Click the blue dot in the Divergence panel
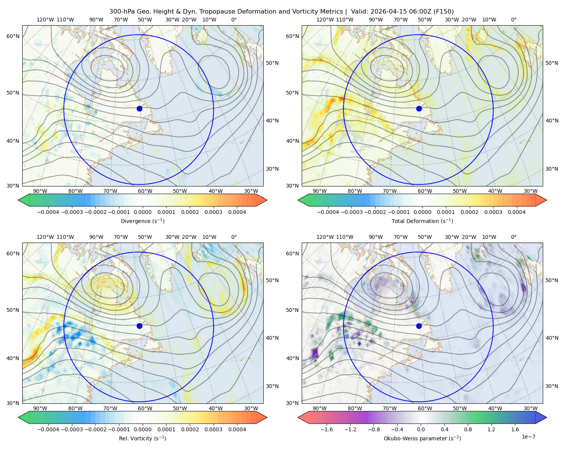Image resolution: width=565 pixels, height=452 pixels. point(139,108)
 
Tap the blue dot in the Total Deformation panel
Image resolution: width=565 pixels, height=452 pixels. point(419,108)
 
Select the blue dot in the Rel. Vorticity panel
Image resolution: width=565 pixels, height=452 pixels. point(139,326)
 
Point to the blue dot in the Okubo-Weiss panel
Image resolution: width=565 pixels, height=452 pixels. point(419,326)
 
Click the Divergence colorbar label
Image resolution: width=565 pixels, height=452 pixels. point(142,221)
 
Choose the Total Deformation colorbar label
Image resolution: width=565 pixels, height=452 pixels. point(422,221)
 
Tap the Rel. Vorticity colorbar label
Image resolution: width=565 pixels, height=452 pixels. point(142,438)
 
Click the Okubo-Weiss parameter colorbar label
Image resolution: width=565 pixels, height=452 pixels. point(422,438)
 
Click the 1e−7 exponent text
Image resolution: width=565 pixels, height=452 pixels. point(528,437)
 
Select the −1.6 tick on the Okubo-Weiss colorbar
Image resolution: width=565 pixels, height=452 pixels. point(326,429)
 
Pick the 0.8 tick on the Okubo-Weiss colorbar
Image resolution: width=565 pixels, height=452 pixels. point(468,429)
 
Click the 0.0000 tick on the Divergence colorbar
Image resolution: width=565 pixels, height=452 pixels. point(142,212)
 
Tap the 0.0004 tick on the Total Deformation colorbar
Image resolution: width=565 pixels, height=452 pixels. point(516,212)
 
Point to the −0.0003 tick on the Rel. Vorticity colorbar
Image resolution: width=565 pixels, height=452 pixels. point(72,429)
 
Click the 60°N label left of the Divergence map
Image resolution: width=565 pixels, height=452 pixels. point(13,36)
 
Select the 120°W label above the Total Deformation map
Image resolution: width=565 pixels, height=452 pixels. point(325,20)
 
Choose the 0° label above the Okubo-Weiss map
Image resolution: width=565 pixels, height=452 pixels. point(513,237)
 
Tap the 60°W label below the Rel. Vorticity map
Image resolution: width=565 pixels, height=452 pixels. point(145,408)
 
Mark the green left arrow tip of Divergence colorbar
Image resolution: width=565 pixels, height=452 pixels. point(18,200)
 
